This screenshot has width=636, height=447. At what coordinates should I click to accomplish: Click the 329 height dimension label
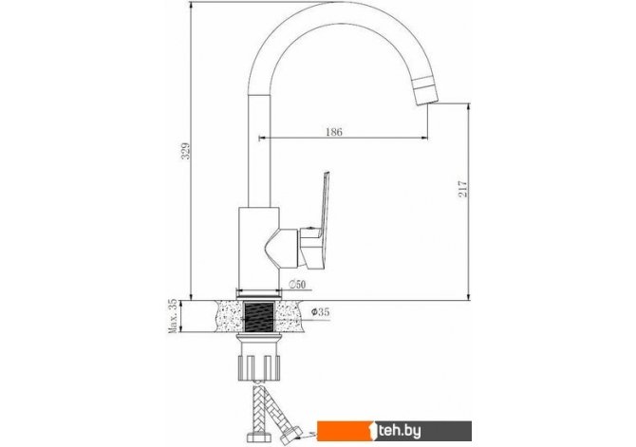[x=185, y=151]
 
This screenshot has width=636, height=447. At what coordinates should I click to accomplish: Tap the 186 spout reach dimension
[x=334, y=132]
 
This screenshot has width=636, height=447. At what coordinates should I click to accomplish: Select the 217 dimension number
[x=463, y=189]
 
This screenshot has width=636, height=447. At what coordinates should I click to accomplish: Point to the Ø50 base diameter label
[x=297, y=285]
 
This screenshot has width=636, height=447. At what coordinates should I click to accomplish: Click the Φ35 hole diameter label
[x=321, y=312]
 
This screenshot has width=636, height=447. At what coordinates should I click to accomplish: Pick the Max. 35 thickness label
[x=173, y=316]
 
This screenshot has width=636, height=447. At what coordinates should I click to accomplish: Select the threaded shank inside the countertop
[x=259, y=316]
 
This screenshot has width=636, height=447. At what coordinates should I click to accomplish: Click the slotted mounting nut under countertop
[x=259, y=367]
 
